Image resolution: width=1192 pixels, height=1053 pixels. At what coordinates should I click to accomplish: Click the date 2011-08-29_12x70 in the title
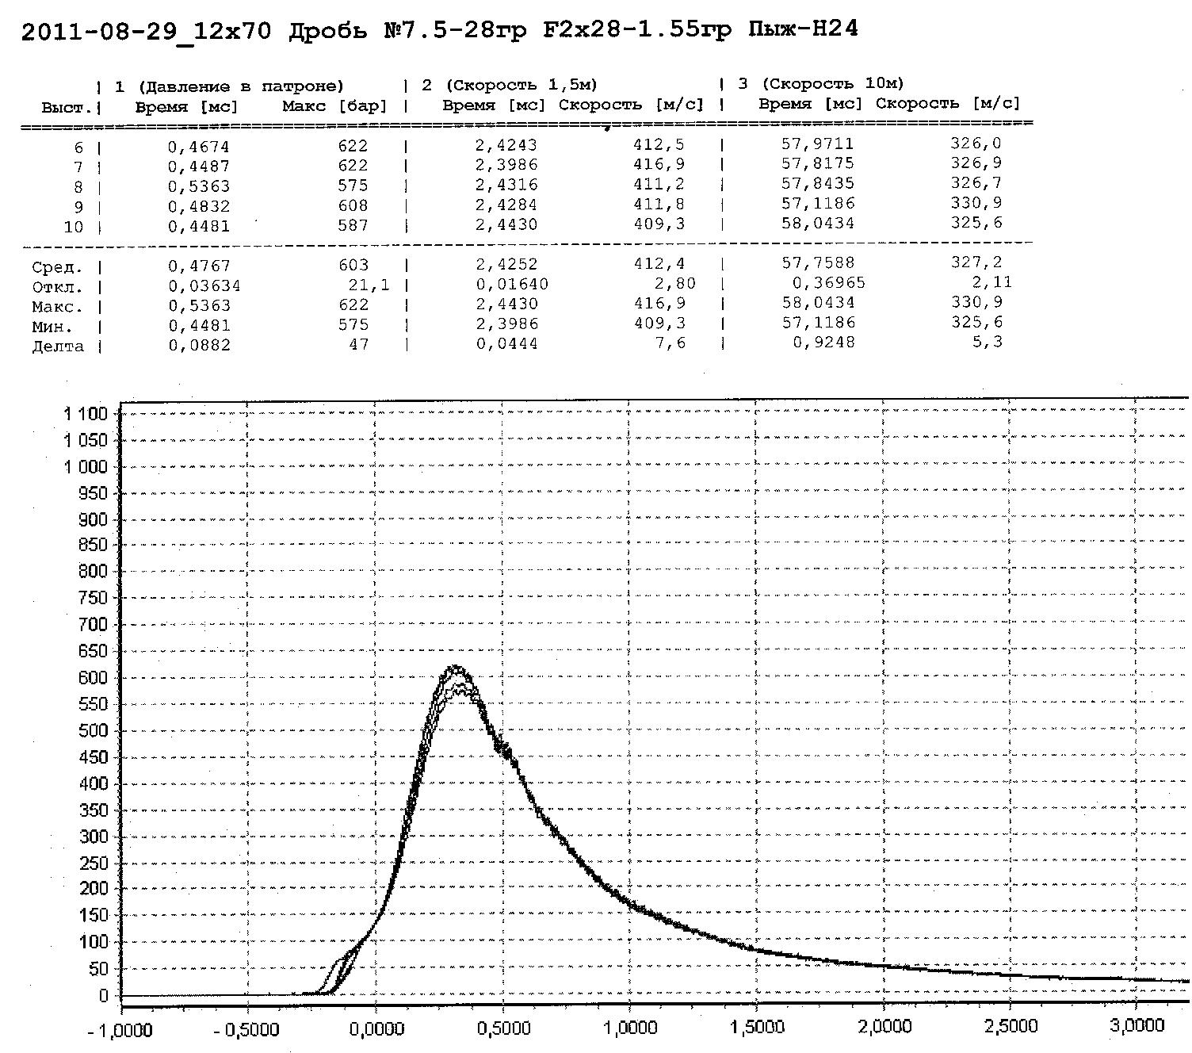coord(146,31)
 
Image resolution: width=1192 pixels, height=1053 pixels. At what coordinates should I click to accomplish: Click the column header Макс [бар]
coord(334,106)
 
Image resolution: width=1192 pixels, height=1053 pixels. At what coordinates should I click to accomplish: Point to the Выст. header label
coord(66,107)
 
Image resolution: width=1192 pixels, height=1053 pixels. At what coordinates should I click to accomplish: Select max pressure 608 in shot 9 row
coord(353,205)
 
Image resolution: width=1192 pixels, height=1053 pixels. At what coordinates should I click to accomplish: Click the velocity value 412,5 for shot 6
coord(666,144)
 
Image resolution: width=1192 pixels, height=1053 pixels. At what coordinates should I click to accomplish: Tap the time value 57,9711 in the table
coord(817,144)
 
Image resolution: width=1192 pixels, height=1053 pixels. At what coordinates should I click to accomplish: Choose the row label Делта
coord(57,346)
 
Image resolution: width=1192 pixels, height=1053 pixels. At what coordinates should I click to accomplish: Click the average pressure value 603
coord(353,265)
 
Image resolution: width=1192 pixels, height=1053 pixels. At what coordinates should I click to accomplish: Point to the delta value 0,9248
coord(823,342)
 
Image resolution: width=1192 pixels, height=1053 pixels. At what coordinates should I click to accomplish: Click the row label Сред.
coord(56,266)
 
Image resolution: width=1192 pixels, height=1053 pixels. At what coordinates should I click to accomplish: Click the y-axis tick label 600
coord(93,678)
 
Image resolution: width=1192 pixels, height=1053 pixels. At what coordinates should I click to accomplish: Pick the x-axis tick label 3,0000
coord(1137,1026)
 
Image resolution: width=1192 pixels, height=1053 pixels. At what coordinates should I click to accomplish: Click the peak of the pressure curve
coord(456,668)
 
